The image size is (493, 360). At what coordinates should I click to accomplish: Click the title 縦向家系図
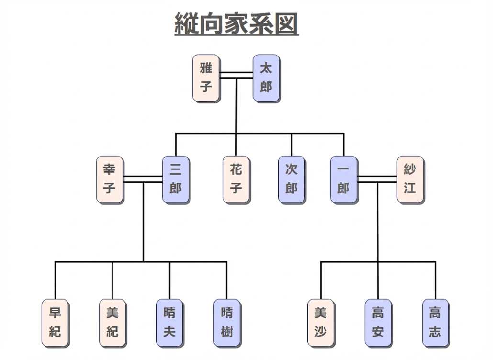click(x=236, y=23)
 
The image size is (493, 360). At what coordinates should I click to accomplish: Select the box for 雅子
click(x=206, y=78)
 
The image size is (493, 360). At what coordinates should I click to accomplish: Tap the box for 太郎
click(x=266, y=78)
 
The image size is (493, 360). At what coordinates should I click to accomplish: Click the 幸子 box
click(x=110, y=180)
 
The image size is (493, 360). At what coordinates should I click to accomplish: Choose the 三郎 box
click(x=176, y=180)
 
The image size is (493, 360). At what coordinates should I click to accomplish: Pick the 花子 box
click(x=236, y=180)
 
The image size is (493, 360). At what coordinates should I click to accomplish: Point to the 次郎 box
click(x=291, y=180)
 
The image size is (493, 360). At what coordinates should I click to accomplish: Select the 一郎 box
click(x=343, y=180)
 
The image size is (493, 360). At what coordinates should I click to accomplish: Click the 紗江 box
click(x=410, y=180)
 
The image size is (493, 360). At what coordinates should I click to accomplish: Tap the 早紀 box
click(x=55, y=323)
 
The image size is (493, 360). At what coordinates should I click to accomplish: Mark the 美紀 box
click(x=112, y=323)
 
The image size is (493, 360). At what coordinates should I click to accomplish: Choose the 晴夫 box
click(x=170, y=323)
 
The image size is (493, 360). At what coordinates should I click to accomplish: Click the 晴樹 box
click(x=227, y=323)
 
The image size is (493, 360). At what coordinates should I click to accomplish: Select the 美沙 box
click(x=321, y=323)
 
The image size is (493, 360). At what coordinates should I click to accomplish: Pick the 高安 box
click(x=378, y=323)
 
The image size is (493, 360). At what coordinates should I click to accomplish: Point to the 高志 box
click(x=436, y=323)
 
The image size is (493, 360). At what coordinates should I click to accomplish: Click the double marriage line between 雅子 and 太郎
click(x=236, y=75)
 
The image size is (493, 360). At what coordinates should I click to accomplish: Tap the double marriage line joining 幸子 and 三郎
click(x=143, y=179)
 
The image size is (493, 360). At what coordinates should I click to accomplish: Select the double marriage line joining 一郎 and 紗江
click(x=377, y=179)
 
